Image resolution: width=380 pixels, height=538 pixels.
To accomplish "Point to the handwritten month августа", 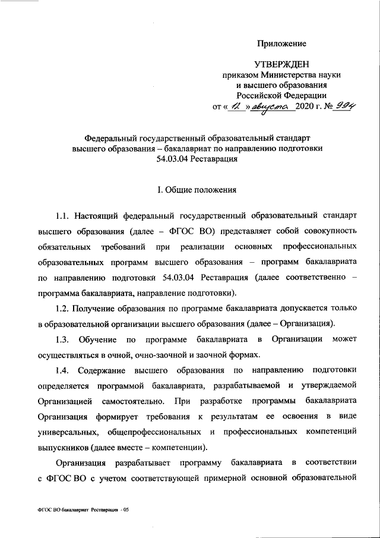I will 270,106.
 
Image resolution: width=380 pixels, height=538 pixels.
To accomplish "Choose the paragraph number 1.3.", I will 64,339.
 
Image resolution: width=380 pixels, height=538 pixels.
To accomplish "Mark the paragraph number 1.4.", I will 64,370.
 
